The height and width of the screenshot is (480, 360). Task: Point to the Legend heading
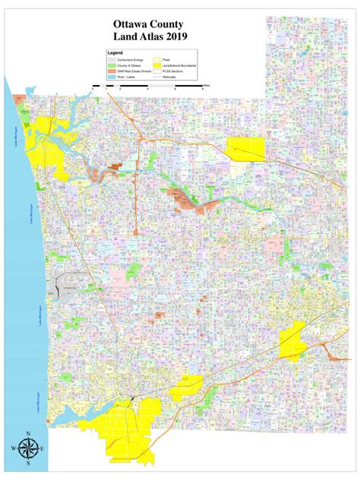coord(115,53)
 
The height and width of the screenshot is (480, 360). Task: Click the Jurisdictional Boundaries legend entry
coord(179,65)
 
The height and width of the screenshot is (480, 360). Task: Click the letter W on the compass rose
coord(13,449)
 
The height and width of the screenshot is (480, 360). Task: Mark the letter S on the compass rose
coord(29,464)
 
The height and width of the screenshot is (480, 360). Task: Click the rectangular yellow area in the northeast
coord(245,150)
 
